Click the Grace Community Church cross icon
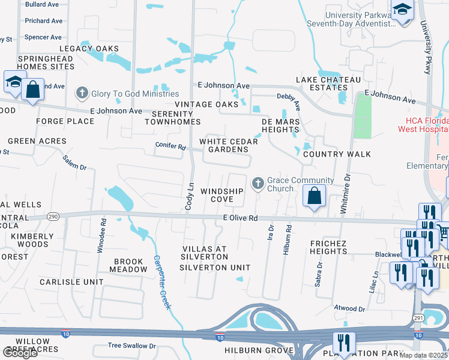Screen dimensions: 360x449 [258, 184]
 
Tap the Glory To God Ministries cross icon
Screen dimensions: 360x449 [82, 93]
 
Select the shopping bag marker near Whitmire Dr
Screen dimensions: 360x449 [314, 196]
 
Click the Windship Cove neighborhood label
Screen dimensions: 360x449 [222, 195]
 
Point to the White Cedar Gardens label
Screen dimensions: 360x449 [229, 146]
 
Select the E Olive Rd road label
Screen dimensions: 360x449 [240, 218]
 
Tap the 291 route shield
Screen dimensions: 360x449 [417, 317]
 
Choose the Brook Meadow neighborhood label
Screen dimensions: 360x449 [128, 266]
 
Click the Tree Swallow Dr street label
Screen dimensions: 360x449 [131, 346]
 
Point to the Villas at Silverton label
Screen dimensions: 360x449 [205, 253]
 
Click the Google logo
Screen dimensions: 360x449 [20, 353]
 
